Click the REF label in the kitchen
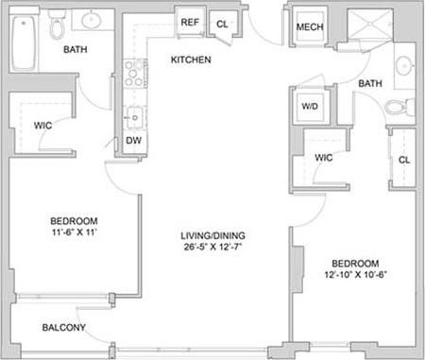(x=189, y=23)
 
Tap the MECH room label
(x=310, y=26)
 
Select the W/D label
(x=310, y=107)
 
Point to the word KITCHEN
(x=190, y=60)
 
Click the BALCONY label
(x=64, y=329)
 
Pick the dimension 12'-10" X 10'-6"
(x=356, y=276)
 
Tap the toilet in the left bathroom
(x=58, y=23)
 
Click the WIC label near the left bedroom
(x=42, y=124)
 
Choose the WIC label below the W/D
(x=324, y=158)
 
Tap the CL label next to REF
(x=222, y=24)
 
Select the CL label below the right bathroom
(x=404, y=160)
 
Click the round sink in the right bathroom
(x=403, y=66)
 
